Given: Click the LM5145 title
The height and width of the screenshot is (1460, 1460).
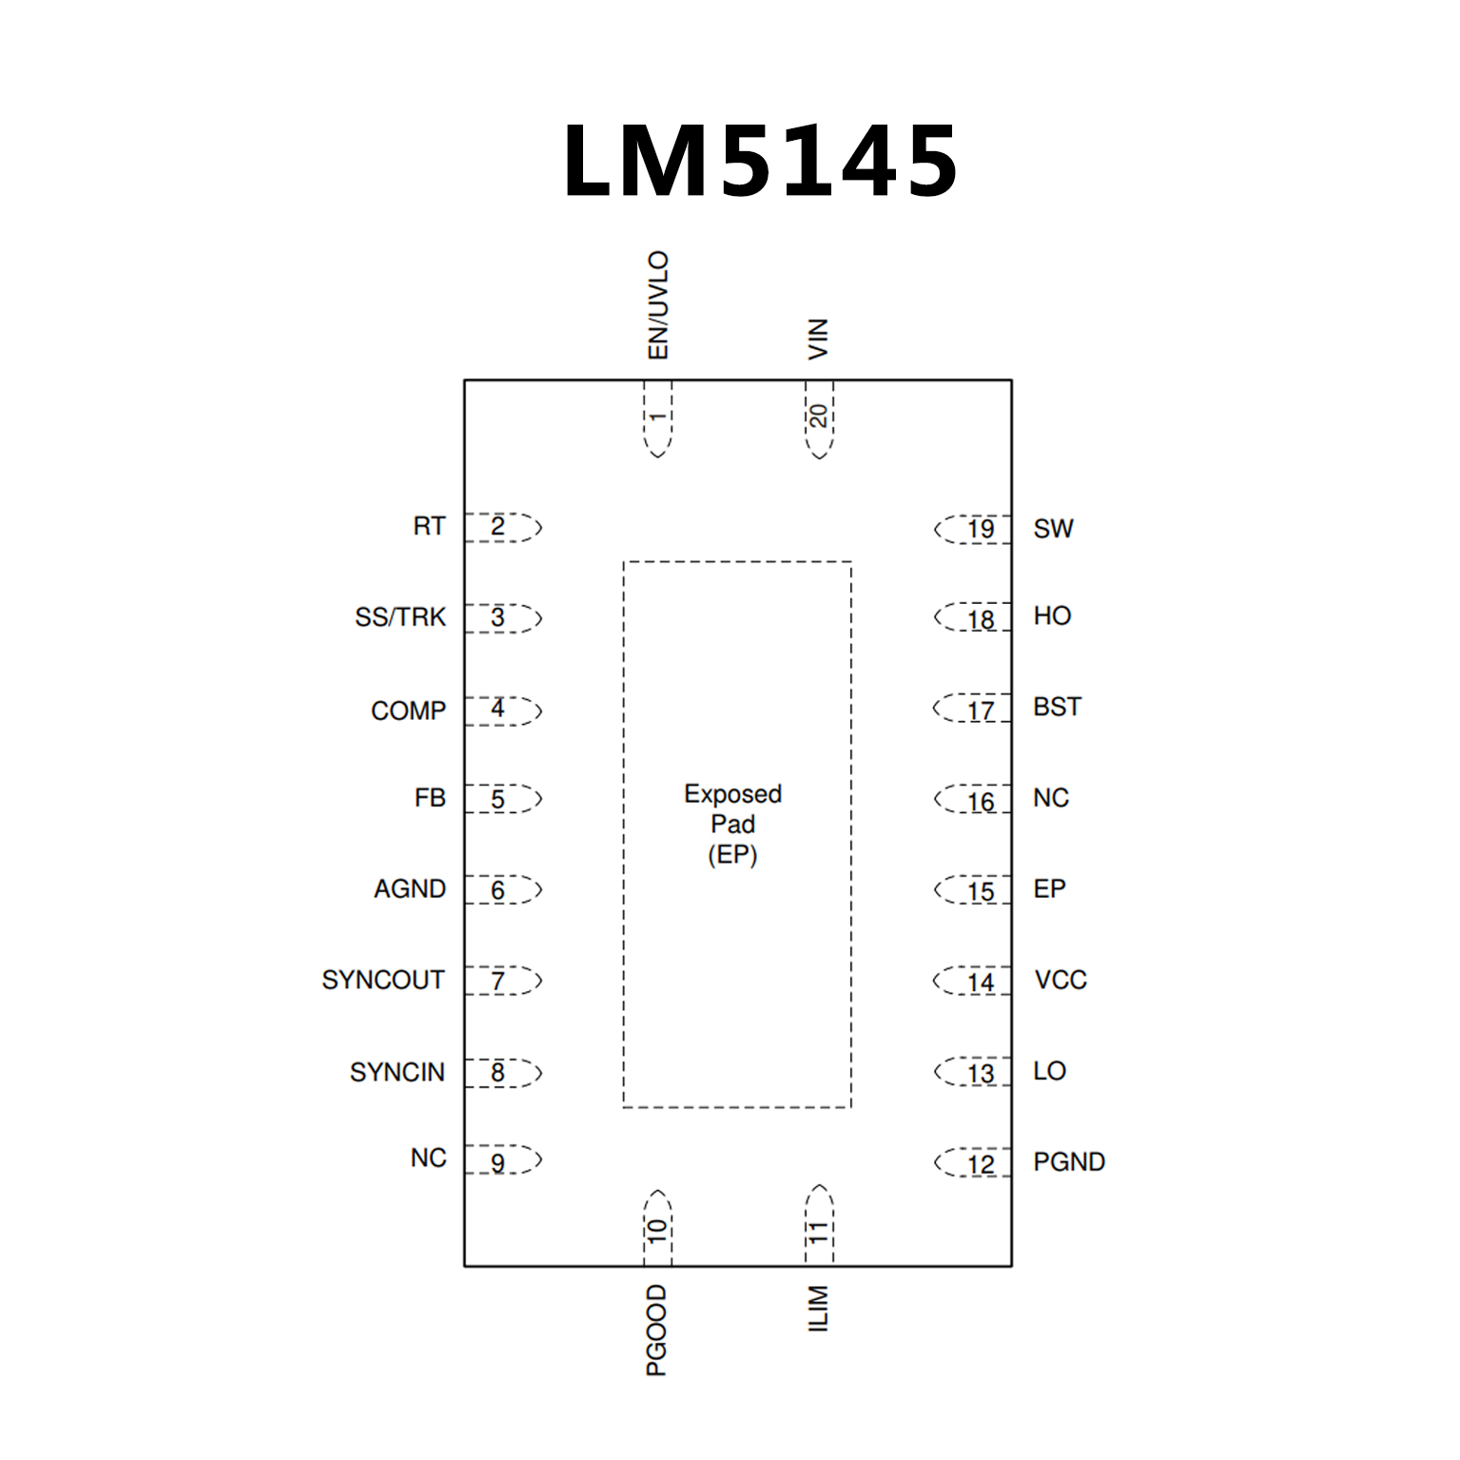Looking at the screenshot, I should [x=759, y=161].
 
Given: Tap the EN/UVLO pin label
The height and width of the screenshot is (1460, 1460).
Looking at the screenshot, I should [x=658, y=305].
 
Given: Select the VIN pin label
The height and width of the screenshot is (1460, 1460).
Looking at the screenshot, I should [x=818, y=339].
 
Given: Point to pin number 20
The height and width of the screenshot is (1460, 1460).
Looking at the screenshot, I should [x=818, y=417].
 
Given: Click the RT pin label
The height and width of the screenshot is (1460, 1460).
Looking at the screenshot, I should [x=429, y=526].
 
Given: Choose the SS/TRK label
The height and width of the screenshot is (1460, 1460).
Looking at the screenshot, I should [x=399, y=617].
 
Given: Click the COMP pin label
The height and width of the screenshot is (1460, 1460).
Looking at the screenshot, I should [x=408, y=711].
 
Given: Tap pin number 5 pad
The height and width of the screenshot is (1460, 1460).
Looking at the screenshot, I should [x=498, y=799].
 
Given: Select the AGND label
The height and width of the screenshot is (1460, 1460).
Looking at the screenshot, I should [x=410, y=888].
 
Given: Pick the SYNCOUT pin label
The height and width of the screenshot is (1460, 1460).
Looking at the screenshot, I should [x=382, y=980].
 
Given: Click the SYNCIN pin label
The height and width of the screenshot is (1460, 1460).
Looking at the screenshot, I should [x=397, y=1072].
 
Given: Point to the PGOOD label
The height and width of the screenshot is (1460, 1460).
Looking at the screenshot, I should [x=657, y=1330].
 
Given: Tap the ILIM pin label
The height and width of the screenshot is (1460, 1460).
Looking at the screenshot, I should [x=818, y=1309].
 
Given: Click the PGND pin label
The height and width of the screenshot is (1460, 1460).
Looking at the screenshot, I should [x=1069, y=1161].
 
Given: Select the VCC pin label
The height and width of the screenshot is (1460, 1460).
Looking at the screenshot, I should [x=1061, y=980].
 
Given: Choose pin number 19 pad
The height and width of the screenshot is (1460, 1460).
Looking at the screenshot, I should [x=980, y=529].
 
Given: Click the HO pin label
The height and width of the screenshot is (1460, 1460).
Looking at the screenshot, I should [x=1052, y=616].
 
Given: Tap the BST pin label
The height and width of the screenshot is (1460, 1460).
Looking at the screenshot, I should [x=1057, y=707].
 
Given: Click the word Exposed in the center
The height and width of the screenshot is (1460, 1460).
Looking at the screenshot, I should [x=732, y=794].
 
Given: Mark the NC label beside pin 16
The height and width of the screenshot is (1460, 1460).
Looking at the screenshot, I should [x=1051, y=798].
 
